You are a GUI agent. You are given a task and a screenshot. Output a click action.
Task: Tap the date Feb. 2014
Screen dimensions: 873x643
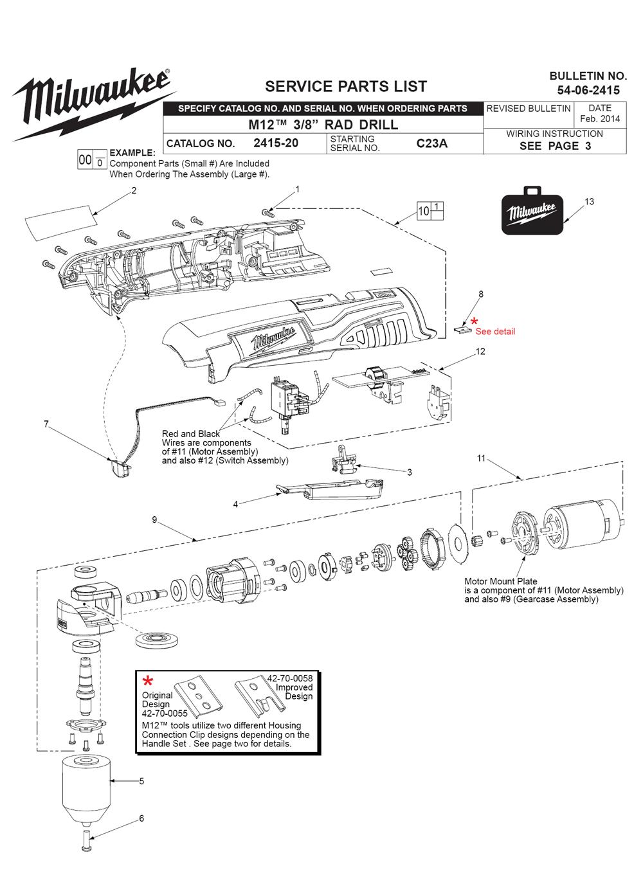click(599, 119)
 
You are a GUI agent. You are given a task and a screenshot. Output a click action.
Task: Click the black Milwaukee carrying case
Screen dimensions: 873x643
click(532, 213)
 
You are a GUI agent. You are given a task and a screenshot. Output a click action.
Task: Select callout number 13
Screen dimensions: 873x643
click(590, 202)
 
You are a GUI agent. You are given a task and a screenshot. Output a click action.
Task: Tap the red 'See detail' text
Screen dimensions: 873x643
click(495, 332)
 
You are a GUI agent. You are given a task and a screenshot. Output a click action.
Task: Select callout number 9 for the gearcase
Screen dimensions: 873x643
click(154, 520)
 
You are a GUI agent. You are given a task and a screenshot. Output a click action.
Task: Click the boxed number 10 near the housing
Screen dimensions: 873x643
click(424, 211)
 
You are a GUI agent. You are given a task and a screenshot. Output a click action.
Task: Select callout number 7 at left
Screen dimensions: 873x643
click(46, 424)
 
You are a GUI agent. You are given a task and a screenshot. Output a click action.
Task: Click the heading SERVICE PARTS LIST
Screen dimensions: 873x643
click(346, 86)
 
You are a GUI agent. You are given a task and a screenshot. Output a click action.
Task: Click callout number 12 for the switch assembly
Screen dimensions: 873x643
click(480, 352)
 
